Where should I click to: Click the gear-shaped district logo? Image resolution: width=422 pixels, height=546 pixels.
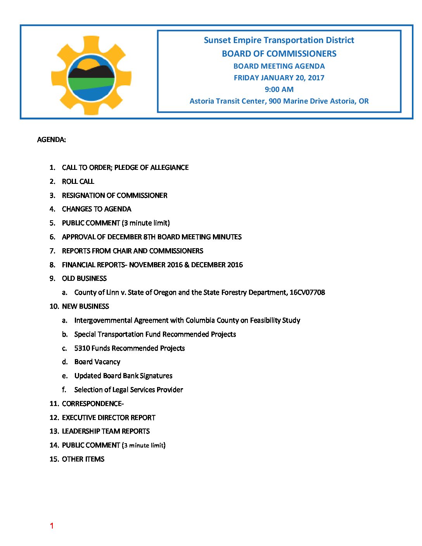coord(91,76)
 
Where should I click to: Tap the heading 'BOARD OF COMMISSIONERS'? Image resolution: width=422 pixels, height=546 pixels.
coord(279,54)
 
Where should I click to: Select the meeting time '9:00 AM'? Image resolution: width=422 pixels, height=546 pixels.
coord(279,89)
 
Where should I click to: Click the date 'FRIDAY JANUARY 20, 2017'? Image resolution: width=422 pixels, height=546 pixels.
coord(279,78)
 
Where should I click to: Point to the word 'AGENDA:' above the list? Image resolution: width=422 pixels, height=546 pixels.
coord(51,140)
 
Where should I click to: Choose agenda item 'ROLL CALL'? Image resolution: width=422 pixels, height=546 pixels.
coord(78,181)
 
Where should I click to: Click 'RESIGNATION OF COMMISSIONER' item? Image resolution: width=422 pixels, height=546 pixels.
coord(114,195)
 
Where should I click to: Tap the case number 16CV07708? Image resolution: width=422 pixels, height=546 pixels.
coord(307,292)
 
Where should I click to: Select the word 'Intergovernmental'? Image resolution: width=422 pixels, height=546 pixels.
coord(103,320)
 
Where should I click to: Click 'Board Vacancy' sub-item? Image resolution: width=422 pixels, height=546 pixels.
coord(97,362)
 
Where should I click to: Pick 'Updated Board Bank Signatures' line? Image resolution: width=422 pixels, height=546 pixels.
coord(123,376)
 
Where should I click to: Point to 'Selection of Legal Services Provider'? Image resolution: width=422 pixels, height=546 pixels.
coord(128,390)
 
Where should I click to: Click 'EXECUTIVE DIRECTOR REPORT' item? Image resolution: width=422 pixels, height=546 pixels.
coord(109,418)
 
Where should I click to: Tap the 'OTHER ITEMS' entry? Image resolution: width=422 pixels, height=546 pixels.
coord(83,459)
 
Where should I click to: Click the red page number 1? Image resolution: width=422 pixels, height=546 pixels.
coord(52,526)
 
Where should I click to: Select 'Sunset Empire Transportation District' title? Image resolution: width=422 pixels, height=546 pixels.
coord(279,40)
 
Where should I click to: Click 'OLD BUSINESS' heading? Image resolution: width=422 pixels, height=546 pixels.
coord(84,278)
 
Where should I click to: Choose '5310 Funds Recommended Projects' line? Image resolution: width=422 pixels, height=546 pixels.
coord(130,348)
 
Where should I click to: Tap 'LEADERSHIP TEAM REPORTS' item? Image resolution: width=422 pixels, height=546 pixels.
coord(105,431)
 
